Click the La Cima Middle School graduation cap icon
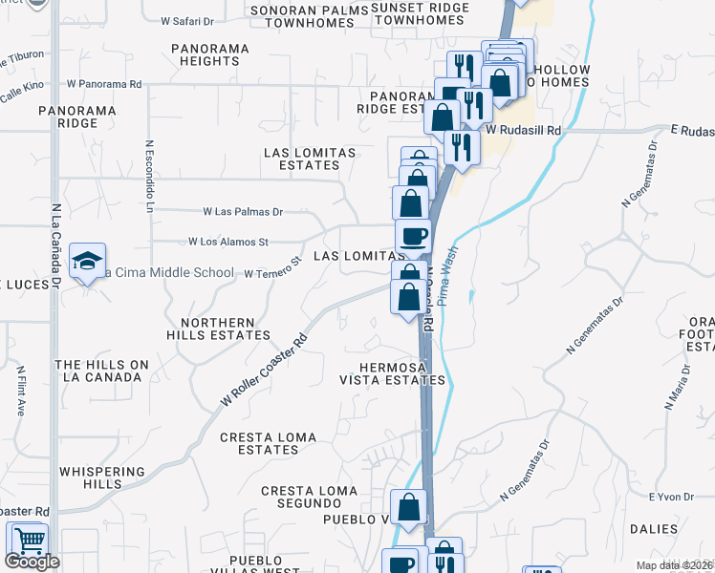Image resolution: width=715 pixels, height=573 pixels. point(87,263)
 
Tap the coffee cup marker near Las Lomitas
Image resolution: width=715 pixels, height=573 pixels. point(413,236)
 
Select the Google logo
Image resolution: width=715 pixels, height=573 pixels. point(32,562)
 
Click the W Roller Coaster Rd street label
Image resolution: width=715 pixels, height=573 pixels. point(265,369)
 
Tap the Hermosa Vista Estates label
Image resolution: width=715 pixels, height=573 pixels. point(402,373)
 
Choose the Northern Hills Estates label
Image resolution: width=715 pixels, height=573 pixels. point(218,329)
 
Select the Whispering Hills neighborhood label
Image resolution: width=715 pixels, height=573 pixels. point(102,477)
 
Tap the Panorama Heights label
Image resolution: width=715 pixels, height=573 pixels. point(210,54)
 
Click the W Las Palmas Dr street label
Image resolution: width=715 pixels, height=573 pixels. point(243,211)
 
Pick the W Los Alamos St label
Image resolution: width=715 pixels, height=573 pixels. point(228,242)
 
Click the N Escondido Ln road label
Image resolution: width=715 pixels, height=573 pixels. point(150,180)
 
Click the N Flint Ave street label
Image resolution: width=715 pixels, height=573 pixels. point(20,391)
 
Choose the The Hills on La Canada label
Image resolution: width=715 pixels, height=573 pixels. point(102,371)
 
